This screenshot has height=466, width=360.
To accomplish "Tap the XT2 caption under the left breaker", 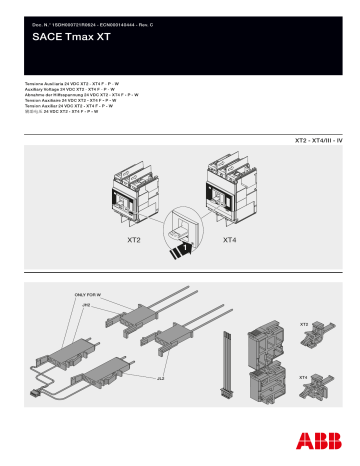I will (133, 241).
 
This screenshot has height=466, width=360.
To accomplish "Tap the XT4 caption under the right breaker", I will (229, 241).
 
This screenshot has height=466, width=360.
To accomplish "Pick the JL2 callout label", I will (160, 381).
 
